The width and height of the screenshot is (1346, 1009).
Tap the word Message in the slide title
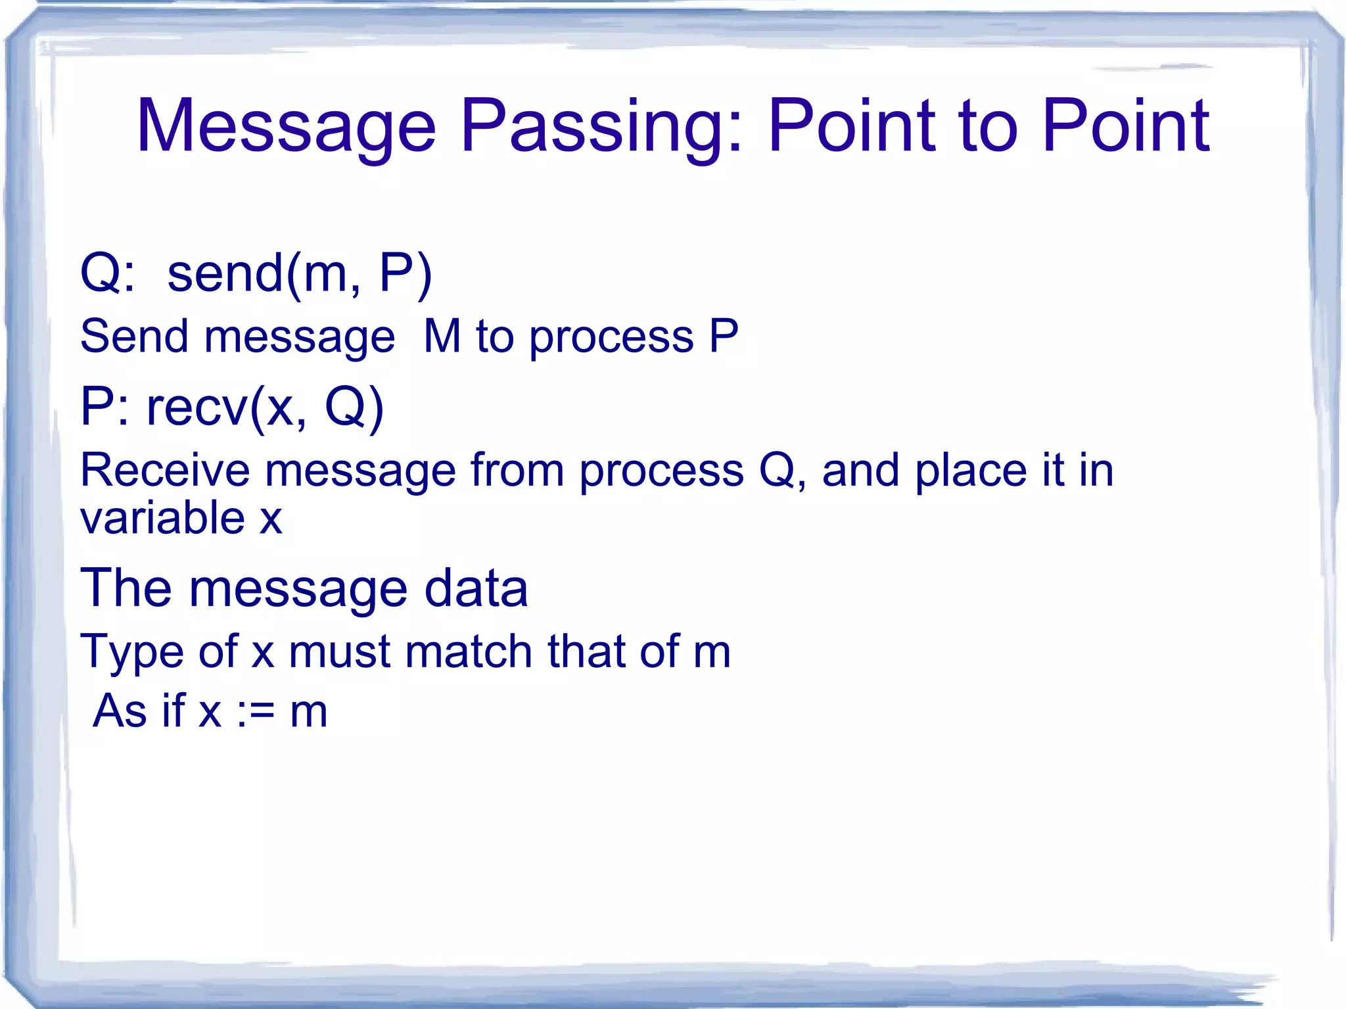(x=286, y=126)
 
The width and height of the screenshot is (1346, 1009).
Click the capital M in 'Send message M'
(x=442, y=337)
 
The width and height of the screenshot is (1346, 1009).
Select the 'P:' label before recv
(x=104, y=408)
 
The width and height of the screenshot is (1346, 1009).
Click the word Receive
(x=165, y=471)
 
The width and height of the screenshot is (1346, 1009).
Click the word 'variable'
(x=162, y=518)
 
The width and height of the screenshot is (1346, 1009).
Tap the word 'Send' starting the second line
(x=134, y=337)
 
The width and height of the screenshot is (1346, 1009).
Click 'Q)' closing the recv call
(x=354, y=408)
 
